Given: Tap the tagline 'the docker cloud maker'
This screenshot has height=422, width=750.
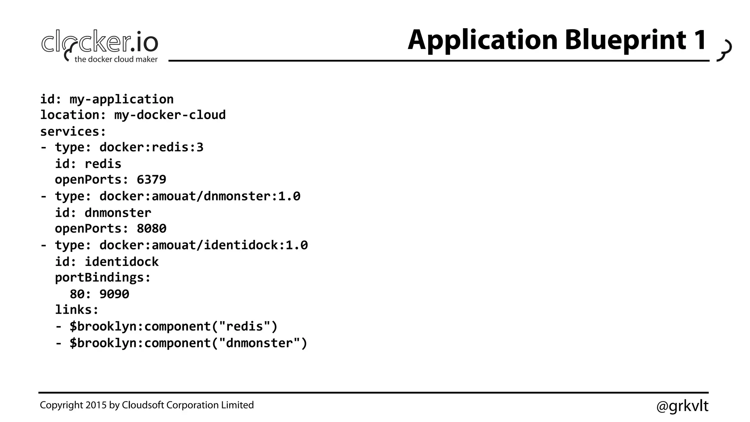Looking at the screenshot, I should [x=116, y=59].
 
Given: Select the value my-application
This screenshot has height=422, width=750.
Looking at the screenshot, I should [x=122, y=99].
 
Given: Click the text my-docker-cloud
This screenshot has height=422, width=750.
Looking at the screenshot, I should [x=170, y=115].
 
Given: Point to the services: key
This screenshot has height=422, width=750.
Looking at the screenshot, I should [x=73, y=131].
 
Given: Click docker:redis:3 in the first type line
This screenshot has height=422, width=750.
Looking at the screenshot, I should [x=151, y=147].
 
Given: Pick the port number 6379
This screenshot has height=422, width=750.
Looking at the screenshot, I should [x=151, y=179].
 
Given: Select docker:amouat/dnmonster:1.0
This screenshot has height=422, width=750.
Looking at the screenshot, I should [x=200, y=196].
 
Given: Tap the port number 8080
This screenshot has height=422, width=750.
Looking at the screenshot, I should [x=151, y=229].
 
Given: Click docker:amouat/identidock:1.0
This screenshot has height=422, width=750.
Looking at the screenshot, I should [x=203, y=245].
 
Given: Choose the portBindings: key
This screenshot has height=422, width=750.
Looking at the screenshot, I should [x=103, y=278].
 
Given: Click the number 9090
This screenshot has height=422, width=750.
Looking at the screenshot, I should [x=114, y=294].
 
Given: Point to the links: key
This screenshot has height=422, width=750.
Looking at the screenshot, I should [x=77, y=310].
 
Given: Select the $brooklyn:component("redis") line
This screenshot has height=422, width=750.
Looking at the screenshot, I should [x=174, y=326].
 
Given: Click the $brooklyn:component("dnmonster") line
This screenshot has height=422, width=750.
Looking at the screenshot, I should [x=188, y=343].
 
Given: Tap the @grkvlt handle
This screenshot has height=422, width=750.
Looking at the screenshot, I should [x=682, y=406].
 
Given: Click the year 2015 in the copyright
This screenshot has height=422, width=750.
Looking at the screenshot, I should [x=96, y=405].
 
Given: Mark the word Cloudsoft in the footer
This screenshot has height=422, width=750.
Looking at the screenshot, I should [x=143, y=405].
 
